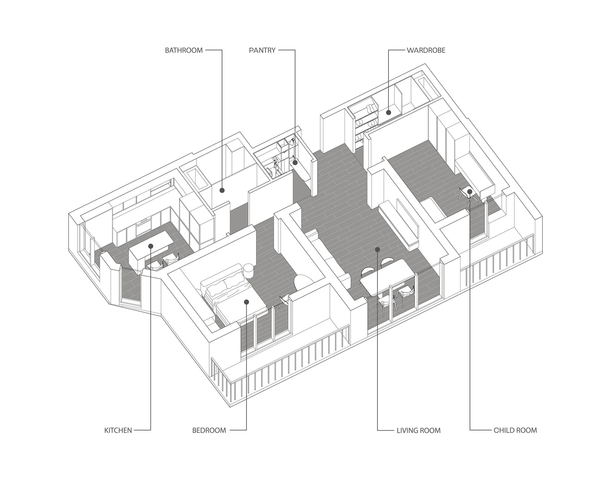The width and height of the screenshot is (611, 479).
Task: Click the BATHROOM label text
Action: (184, 50)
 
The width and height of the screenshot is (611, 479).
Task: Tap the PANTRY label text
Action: (262, 50)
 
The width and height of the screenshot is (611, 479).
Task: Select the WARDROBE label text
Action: (426, 50)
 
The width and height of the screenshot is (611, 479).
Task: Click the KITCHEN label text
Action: (118, 431)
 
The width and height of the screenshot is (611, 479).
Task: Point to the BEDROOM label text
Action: (209, 431)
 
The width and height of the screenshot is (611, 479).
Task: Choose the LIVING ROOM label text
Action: (418, 431)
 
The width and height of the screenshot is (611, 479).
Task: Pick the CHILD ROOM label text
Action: (515, 431)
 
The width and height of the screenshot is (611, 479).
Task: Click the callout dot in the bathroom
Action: (222, 190)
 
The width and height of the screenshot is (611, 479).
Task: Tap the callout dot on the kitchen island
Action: (151, 246)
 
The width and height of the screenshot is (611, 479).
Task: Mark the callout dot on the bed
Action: (246, 302)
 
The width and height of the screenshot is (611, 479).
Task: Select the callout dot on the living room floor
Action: (378, 249)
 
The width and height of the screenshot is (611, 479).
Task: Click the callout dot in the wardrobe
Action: (388, 112)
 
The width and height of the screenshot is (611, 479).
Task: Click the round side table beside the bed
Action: (249, 270)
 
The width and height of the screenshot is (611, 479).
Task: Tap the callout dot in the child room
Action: (470, 191)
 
